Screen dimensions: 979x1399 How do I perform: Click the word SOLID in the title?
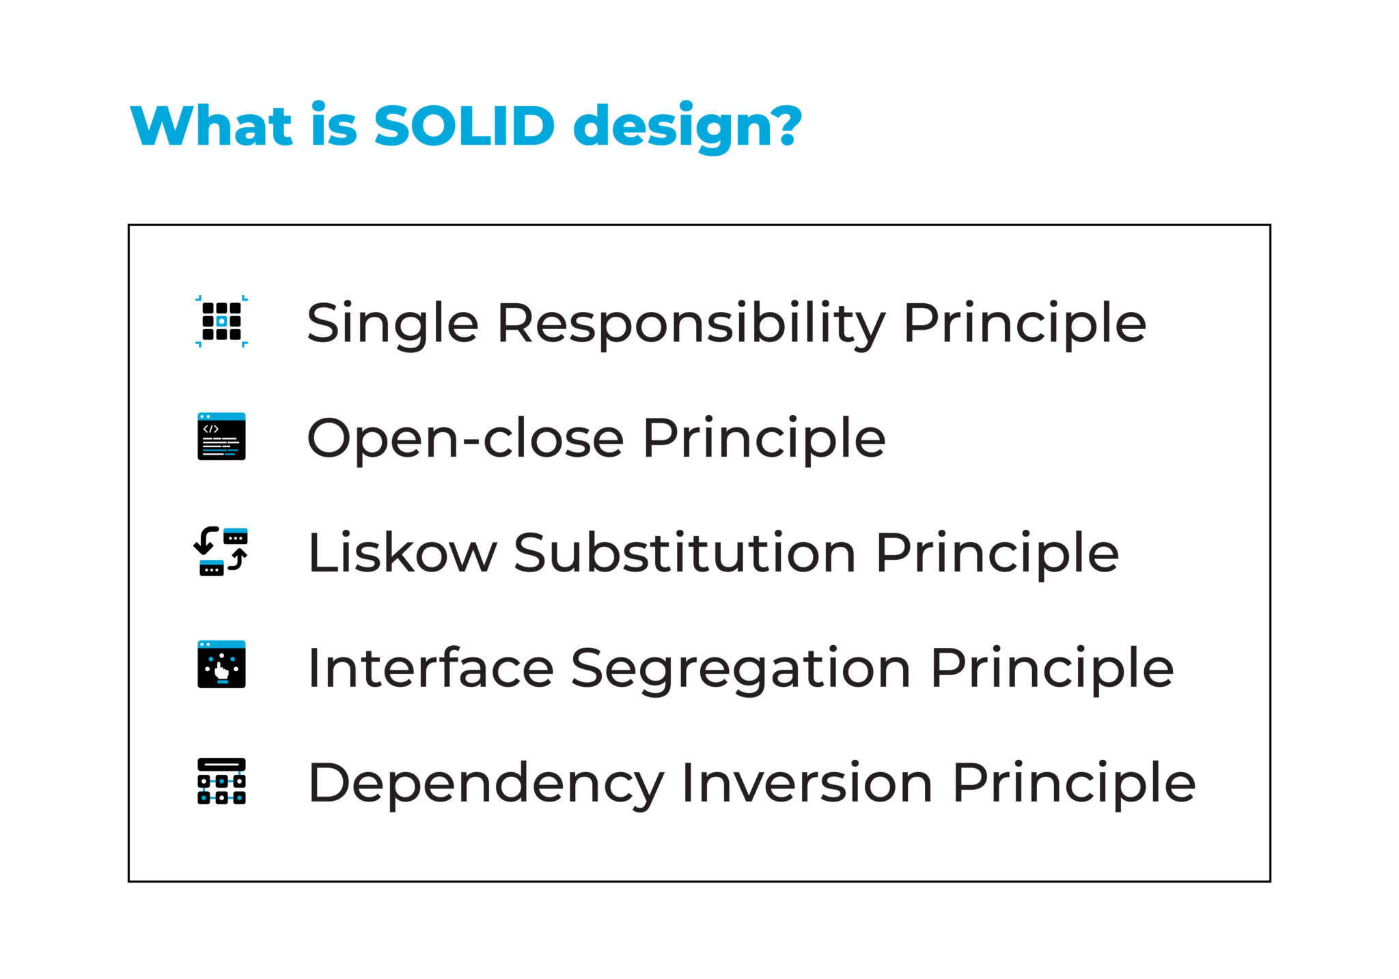point(464,126)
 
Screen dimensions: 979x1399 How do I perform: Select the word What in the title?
point(211,126)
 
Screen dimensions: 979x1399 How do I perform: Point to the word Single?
point(392,324)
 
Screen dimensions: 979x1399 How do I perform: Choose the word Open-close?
point(465,438)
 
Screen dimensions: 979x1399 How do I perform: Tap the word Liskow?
point(402,553)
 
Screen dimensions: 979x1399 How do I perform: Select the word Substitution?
point(684,553)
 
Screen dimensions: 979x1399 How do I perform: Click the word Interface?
point(430,668)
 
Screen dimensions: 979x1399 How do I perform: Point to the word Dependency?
point(486,784)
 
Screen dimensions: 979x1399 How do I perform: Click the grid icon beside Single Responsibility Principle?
point(221,322)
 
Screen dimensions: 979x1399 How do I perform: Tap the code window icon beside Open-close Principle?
point(221,436)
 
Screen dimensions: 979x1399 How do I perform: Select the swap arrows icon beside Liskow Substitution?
point(221,552)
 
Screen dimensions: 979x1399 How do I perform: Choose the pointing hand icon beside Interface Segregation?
point(221,664)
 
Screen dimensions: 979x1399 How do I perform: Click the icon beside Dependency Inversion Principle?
point(221,781)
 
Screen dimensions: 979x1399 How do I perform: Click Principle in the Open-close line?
point(764,440)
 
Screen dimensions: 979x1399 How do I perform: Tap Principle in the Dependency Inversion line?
point(1074,784)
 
